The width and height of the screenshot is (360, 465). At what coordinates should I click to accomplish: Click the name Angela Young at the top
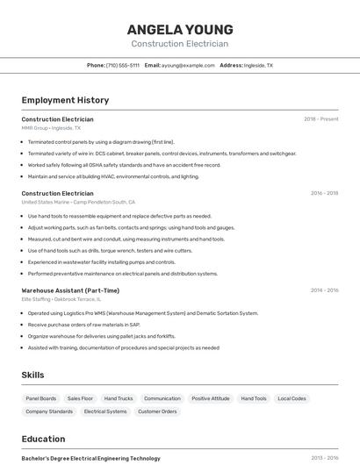(180, 29)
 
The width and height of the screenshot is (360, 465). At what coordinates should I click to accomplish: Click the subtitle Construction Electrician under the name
(180, 44)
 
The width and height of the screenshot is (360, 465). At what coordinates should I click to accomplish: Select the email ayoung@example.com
(187, 65)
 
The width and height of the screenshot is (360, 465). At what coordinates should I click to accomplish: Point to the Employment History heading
(65, 100)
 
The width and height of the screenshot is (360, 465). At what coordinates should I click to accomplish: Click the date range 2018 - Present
(320, 118)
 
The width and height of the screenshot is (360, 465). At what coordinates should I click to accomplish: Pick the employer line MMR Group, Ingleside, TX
(51, 128)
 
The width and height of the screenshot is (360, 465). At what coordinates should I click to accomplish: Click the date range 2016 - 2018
(324, 193)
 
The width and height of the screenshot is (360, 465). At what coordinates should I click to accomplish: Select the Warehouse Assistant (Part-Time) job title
(70, 290)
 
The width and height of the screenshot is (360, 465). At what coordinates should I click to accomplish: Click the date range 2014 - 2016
(324, 290)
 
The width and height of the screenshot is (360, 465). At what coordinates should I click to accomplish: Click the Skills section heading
(32, 375)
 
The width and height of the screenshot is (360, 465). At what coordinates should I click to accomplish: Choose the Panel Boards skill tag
(41, 398)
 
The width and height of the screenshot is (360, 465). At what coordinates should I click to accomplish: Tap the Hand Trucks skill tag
(119, 398)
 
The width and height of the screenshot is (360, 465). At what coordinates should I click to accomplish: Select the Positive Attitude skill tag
(211, 398)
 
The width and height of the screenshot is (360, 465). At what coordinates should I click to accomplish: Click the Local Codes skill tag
(292, 398)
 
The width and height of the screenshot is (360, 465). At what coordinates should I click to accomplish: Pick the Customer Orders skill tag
(157, 411)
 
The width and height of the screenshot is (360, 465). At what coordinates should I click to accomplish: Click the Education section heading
(43, 439)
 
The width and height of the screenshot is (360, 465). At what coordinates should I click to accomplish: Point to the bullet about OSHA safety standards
(124, 165)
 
